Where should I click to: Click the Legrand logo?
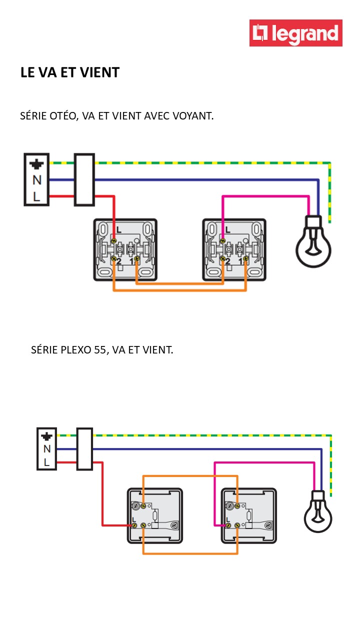coord(296,33)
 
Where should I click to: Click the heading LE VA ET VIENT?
coord(70,72)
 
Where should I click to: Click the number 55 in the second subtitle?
coord(99,350)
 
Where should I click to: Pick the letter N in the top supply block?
coord(36,180)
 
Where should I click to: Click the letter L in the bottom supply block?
coord(46,462)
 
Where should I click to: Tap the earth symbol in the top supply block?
coord(36,163)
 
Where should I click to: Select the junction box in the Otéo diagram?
coord(84,179)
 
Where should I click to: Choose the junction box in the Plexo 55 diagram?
coord(84,448)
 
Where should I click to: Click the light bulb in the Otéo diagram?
coord(313,242)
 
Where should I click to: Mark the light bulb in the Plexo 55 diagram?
coord(318,512)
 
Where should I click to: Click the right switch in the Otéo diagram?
coord(234,249)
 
